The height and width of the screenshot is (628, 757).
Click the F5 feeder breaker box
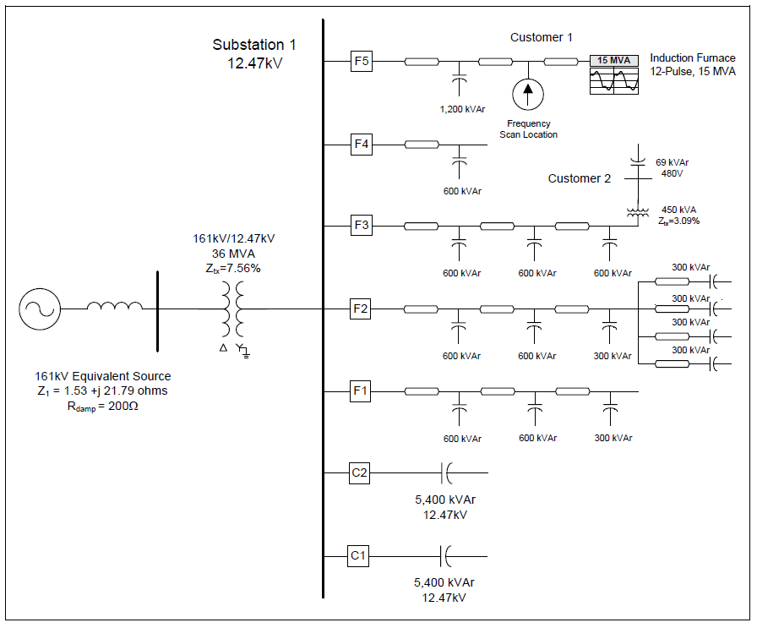coord(361,62)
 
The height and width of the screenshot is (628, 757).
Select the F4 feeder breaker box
coord(361,145)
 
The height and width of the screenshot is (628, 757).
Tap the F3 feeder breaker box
coord(361,226)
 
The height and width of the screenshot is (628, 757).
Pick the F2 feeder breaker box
coord(361,309)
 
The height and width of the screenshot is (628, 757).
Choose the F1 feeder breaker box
coord(361,391)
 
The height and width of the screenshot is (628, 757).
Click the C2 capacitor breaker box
coord(360,473)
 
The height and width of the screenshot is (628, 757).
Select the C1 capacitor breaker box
coord(360,555)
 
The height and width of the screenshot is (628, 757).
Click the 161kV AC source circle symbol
coord(40,309)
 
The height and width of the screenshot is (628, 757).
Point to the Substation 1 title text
coord(254,45)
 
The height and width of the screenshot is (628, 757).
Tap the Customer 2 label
coord(579,178)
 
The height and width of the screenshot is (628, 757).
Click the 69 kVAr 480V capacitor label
coord(673,167)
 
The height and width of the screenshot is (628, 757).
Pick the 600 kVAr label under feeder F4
coord(461,191)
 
